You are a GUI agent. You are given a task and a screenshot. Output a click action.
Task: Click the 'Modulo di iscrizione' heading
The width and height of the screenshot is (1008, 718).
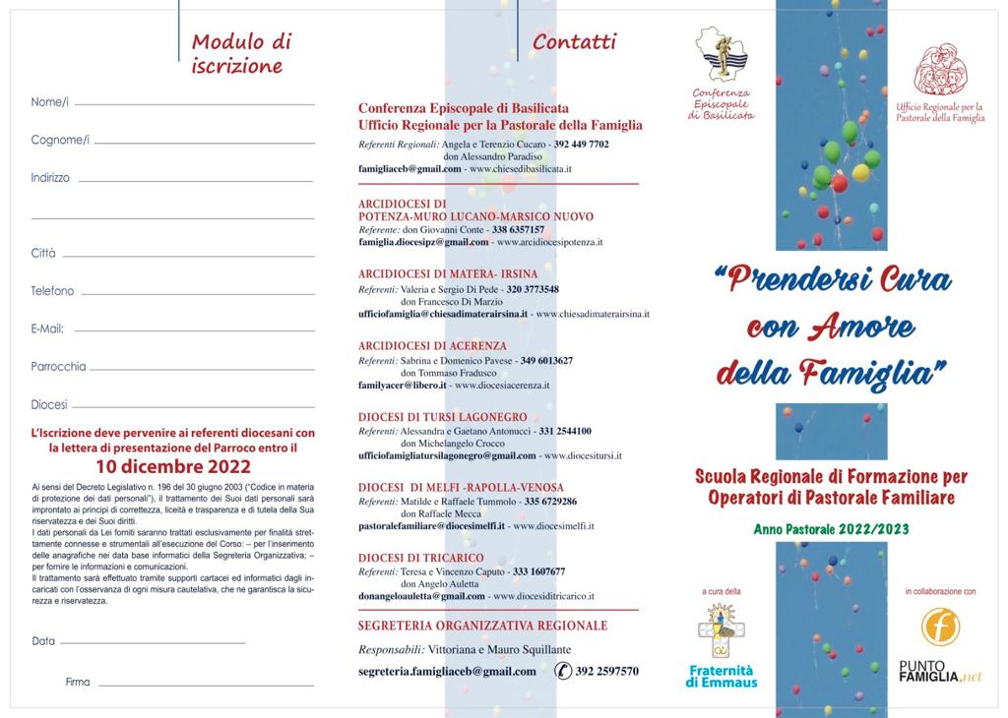click(x=241, y=54)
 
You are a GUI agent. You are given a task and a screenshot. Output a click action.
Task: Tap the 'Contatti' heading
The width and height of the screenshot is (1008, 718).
click(x=575, y=41)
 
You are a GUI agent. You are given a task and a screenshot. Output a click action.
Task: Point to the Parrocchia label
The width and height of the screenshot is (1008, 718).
click(x=58, y=367)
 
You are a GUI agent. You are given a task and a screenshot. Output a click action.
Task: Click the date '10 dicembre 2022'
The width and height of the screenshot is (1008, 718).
click(x=172, y=466)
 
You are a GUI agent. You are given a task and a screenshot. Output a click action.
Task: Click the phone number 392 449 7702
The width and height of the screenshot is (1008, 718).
click(x=581, y=145)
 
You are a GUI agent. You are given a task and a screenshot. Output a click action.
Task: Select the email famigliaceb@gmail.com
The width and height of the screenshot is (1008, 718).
click(x=409, y=169)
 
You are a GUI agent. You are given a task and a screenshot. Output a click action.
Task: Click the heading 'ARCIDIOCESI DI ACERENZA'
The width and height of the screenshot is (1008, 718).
click(x=433, y=346)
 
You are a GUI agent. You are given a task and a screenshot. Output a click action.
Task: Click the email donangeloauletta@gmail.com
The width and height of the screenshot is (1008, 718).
click(x=422, y=596)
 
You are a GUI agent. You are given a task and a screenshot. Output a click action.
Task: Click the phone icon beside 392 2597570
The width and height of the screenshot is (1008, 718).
click(x=563, y=671)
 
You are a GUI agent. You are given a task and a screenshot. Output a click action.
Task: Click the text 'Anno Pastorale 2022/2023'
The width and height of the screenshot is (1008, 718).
click(x=831, y=529)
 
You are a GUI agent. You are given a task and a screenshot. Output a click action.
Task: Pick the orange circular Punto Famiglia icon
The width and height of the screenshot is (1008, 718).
click(x=940, y=627)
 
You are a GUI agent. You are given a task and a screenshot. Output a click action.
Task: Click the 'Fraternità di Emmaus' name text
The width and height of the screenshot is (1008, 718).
click(x=723, y=677)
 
